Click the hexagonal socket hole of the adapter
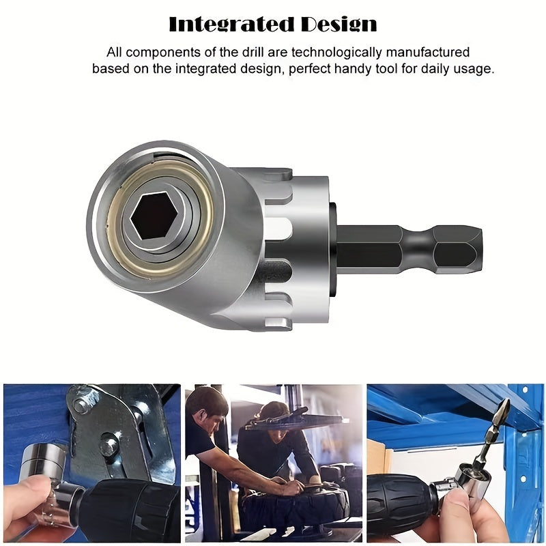click(154, 215)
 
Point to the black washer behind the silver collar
click(332, 248)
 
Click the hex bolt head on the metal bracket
click(109, 447)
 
